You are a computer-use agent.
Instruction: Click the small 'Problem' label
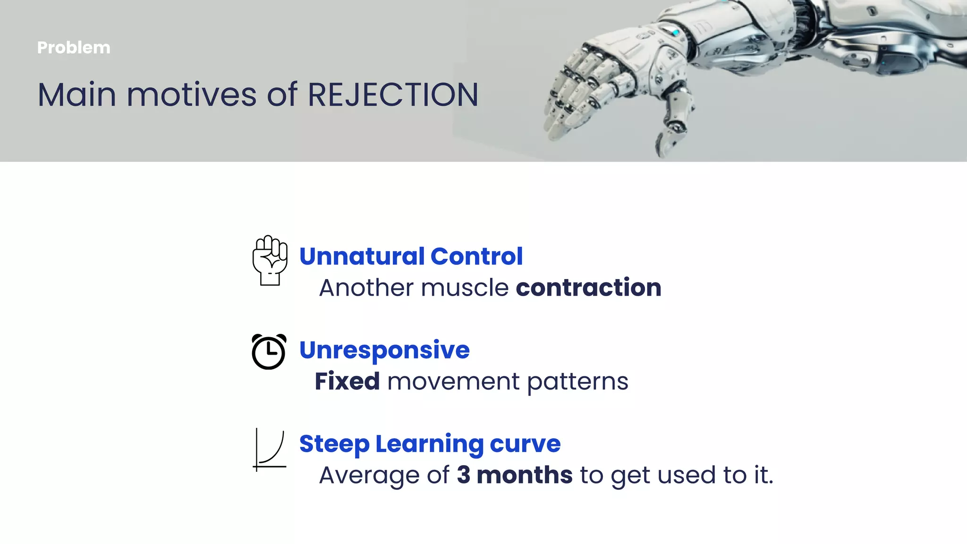point(74,48)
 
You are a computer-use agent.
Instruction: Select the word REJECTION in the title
point(393,95)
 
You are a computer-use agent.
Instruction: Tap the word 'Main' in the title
point(77,95)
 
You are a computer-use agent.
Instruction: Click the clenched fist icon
point(270,261)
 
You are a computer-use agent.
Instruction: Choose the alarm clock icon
point(269,351)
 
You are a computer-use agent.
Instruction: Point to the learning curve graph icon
point(270,450)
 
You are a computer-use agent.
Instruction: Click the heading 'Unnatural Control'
point(411,256)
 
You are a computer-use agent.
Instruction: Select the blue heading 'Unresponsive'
point(384,350)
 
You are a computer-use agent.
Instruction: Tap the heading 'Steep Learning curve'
point(430,444)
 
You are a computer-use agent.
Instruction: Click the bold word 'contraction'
point(588,288)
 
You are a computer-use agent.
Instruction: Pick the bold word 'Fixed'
point(347,381)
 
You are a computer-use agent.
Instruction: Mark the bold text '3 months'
point(515,475)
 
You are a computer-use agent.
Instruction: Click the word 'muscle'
point(465,288)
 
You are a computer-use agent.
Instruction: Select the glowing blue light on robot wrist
point(676,33)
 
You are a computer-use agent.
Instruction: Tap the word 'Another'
point(366,288)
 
